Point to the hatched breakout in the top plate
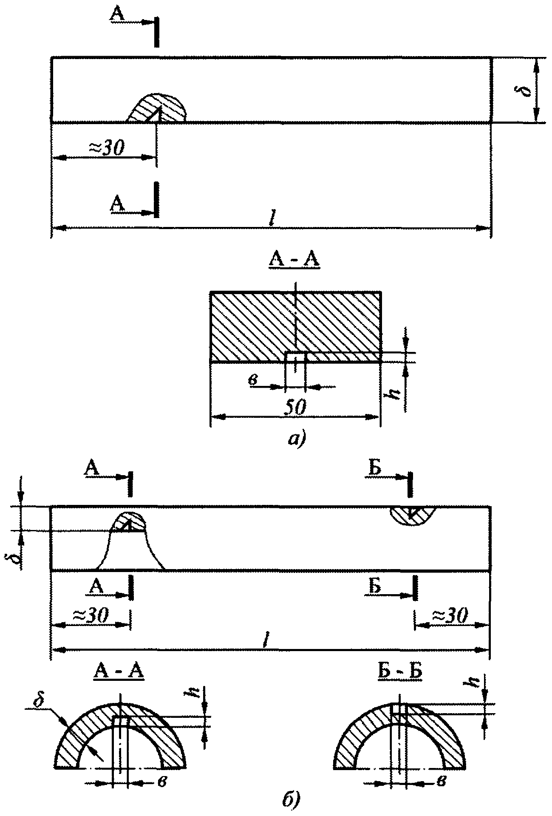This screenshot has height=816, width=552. tap(157, 108)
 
